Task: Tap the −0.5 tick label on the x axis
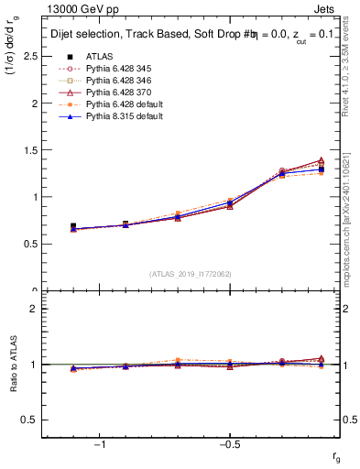click(228, 445)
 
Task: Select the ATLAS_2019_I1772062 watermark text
click(191, 274)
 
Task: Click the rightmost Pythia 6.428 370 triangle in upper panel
click(321, 160)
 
